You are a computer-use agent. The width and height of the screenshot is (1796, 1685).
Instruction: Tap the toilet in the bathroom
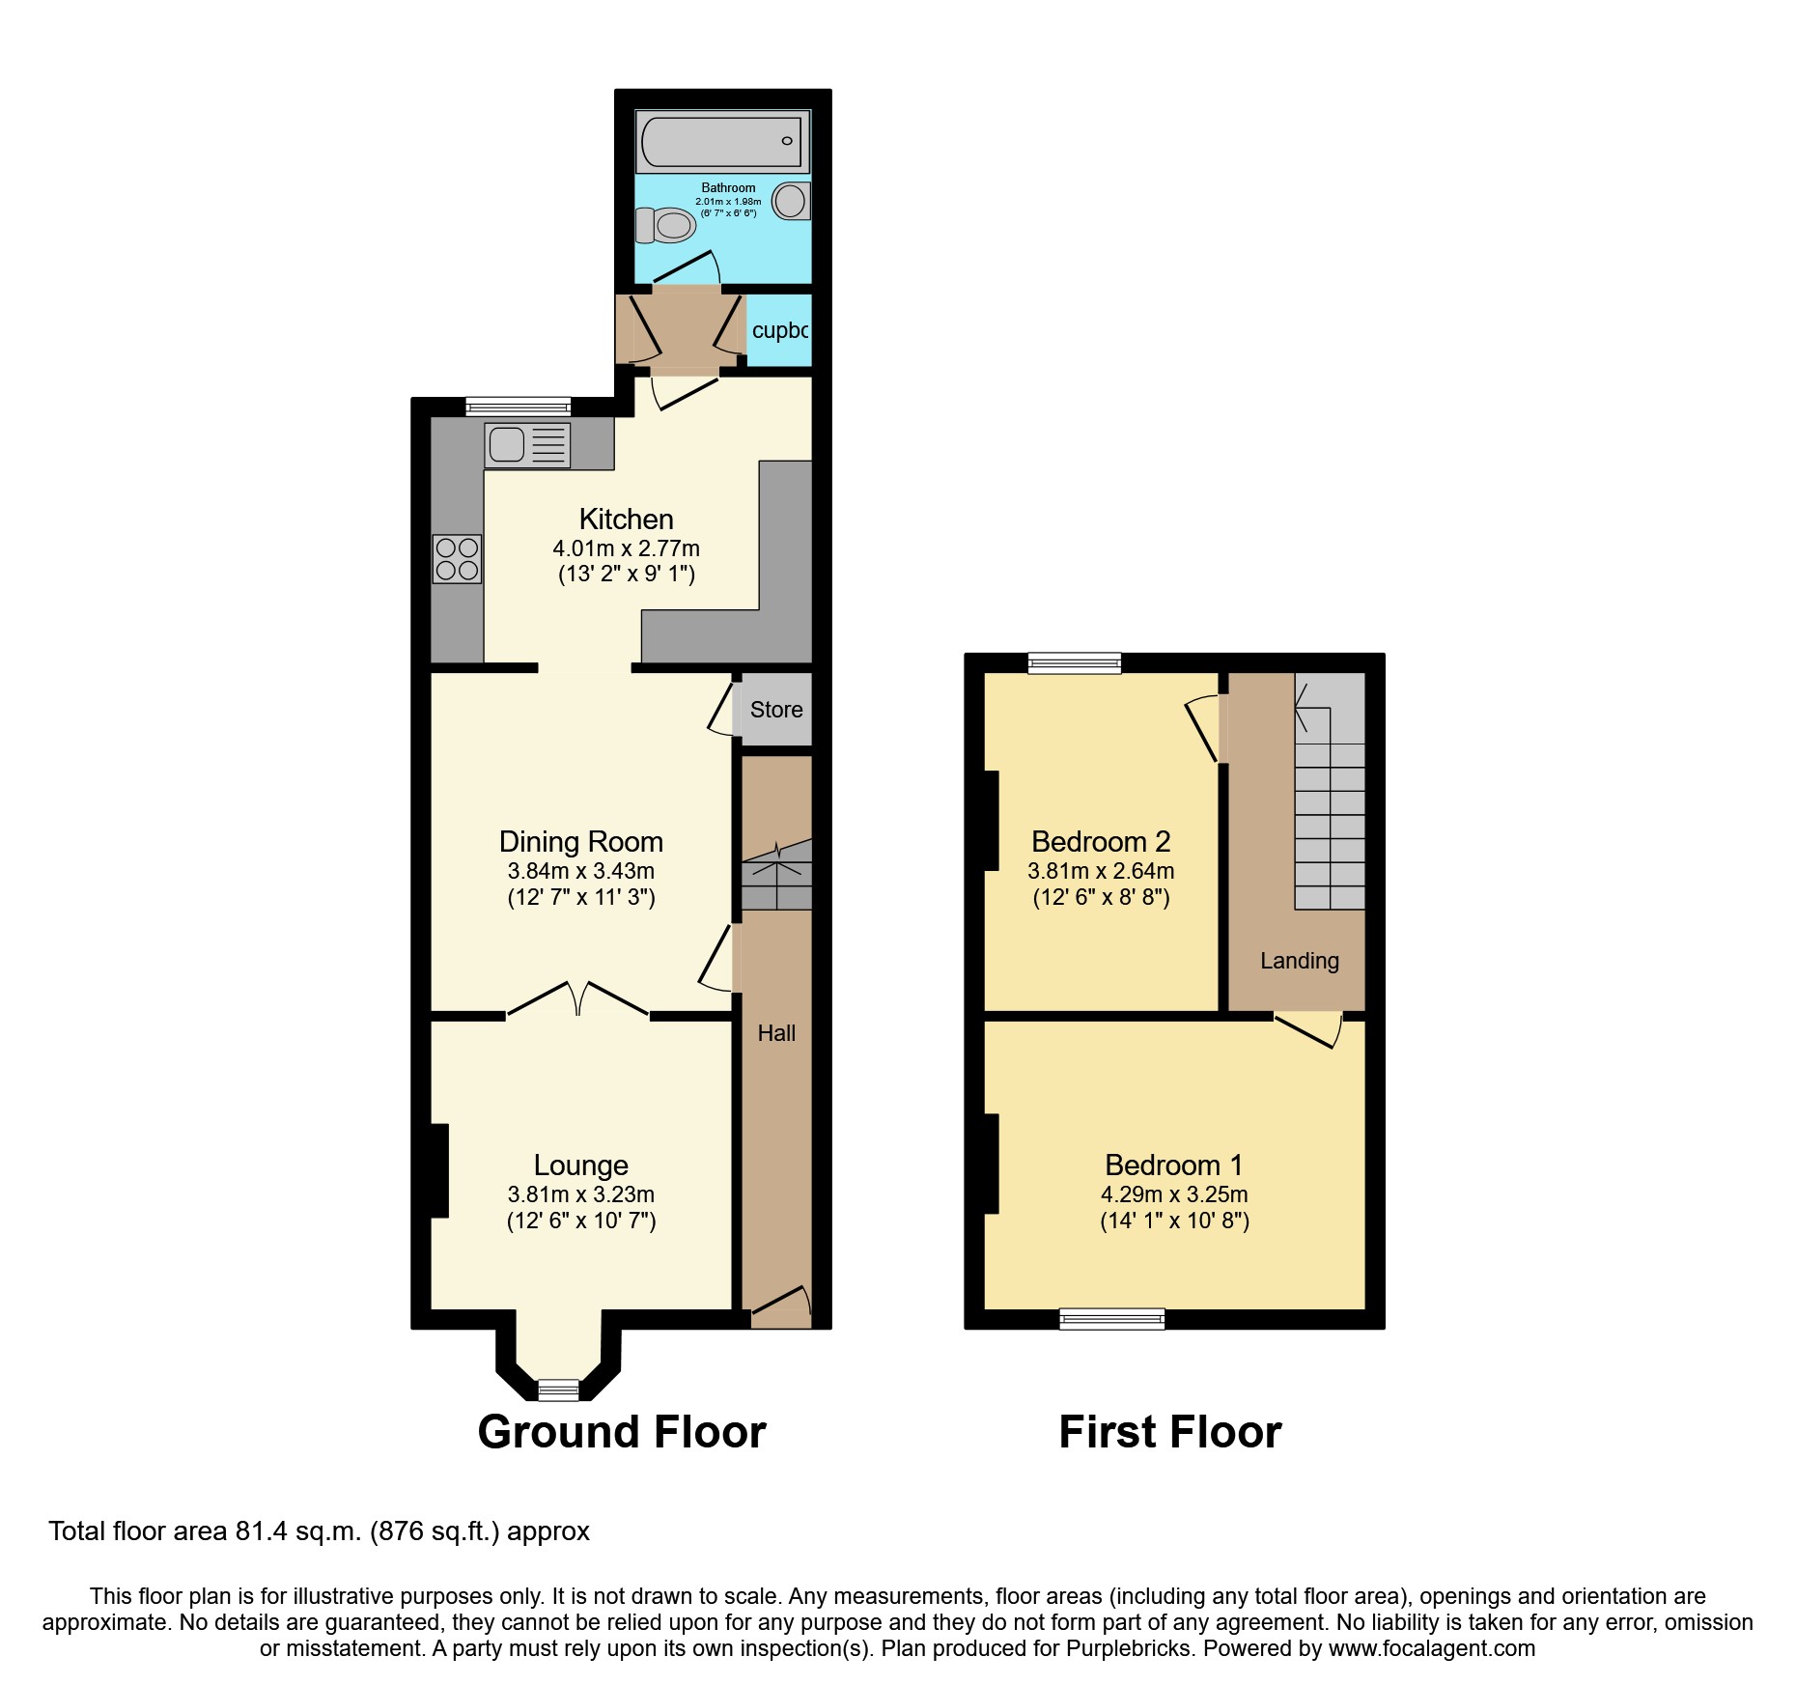(x=666, y=226)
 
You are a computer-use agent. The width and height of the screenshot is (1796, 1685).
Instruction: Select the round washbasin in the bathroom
(x=790, y=201)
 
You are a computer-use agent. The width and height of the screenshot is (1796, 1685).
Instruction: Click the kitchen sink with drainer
(x=527, y=445)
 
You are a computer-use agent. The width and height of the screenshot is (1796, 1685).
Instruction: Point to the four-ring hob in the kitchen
(x=457, y=559)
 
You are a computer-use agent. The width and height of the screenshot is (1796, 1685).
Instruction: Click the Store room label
(x=776, y=710)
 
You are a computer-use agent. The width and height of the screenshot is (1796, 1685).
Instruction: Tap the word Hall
(x=776, y=1033)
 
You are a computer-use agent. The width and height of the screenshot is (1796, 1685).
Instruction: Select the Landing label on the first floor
(x=1299, y=961)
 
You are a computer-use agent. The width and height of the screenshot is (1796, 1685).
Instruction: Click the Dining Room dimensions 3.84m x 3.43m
(x=581, y=871)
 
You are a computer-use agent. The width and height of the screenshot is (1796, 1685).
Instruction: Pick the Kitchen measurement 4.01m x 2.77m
(x=626, y=548)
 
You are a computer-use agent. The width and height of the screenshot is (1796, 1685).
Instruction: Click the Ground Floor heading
(x=622, y=1432)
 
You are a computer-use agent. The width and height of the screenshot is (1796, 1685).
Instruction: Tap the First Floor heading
(x=1169, y=1432)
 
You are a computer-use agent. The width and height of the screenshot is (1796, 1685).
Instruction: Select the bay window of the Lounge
(x=558, y=1390)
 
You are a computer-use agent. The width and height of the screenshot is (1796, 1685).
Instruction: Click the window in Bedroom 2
(x=1074, y=662)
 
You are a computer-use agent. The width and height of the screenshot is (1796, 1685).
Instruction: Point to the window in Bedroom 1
(x=1111, y=1318)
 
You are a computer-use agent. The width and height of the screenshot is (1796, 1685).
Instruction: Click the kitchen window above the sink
(x=519, y=407)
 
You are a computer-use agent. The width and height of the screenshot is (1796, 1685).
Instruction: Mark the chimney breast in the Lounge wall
(x=438, y=1170)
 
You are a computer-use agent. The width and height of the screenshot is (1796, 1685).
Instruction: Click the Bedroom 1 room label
(x=1173, y=1165)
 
